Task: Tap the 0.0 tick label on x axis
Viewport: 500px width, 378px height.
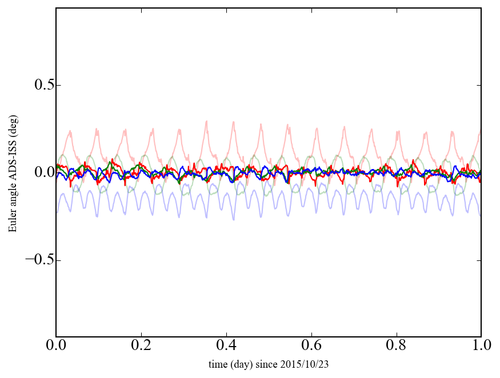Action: click(x=56, y=346)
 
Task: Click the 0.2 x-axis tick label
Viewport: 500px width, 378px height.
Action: click(x=141, y=346)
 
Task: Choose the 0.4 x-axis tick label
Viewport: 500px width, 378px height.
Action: click(x=226, y=346)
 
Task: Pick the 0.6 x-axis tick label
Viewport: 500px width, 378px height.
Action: click(x=311, y=346)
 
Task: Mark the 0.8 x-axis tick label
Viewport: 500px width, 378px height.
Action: click(x=397, y=346)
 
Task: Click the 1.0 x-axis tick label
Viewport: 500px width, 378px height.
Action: click(x=481, y=346)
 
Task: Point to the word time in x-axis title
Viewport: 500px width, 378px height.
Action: click(x=218, y=364)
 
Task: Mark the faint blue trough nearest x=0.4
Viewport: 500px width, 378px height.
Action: click(x=233, y=219)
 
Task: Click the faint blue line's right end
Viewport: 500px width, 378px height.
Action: click(x=481, y=215)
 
